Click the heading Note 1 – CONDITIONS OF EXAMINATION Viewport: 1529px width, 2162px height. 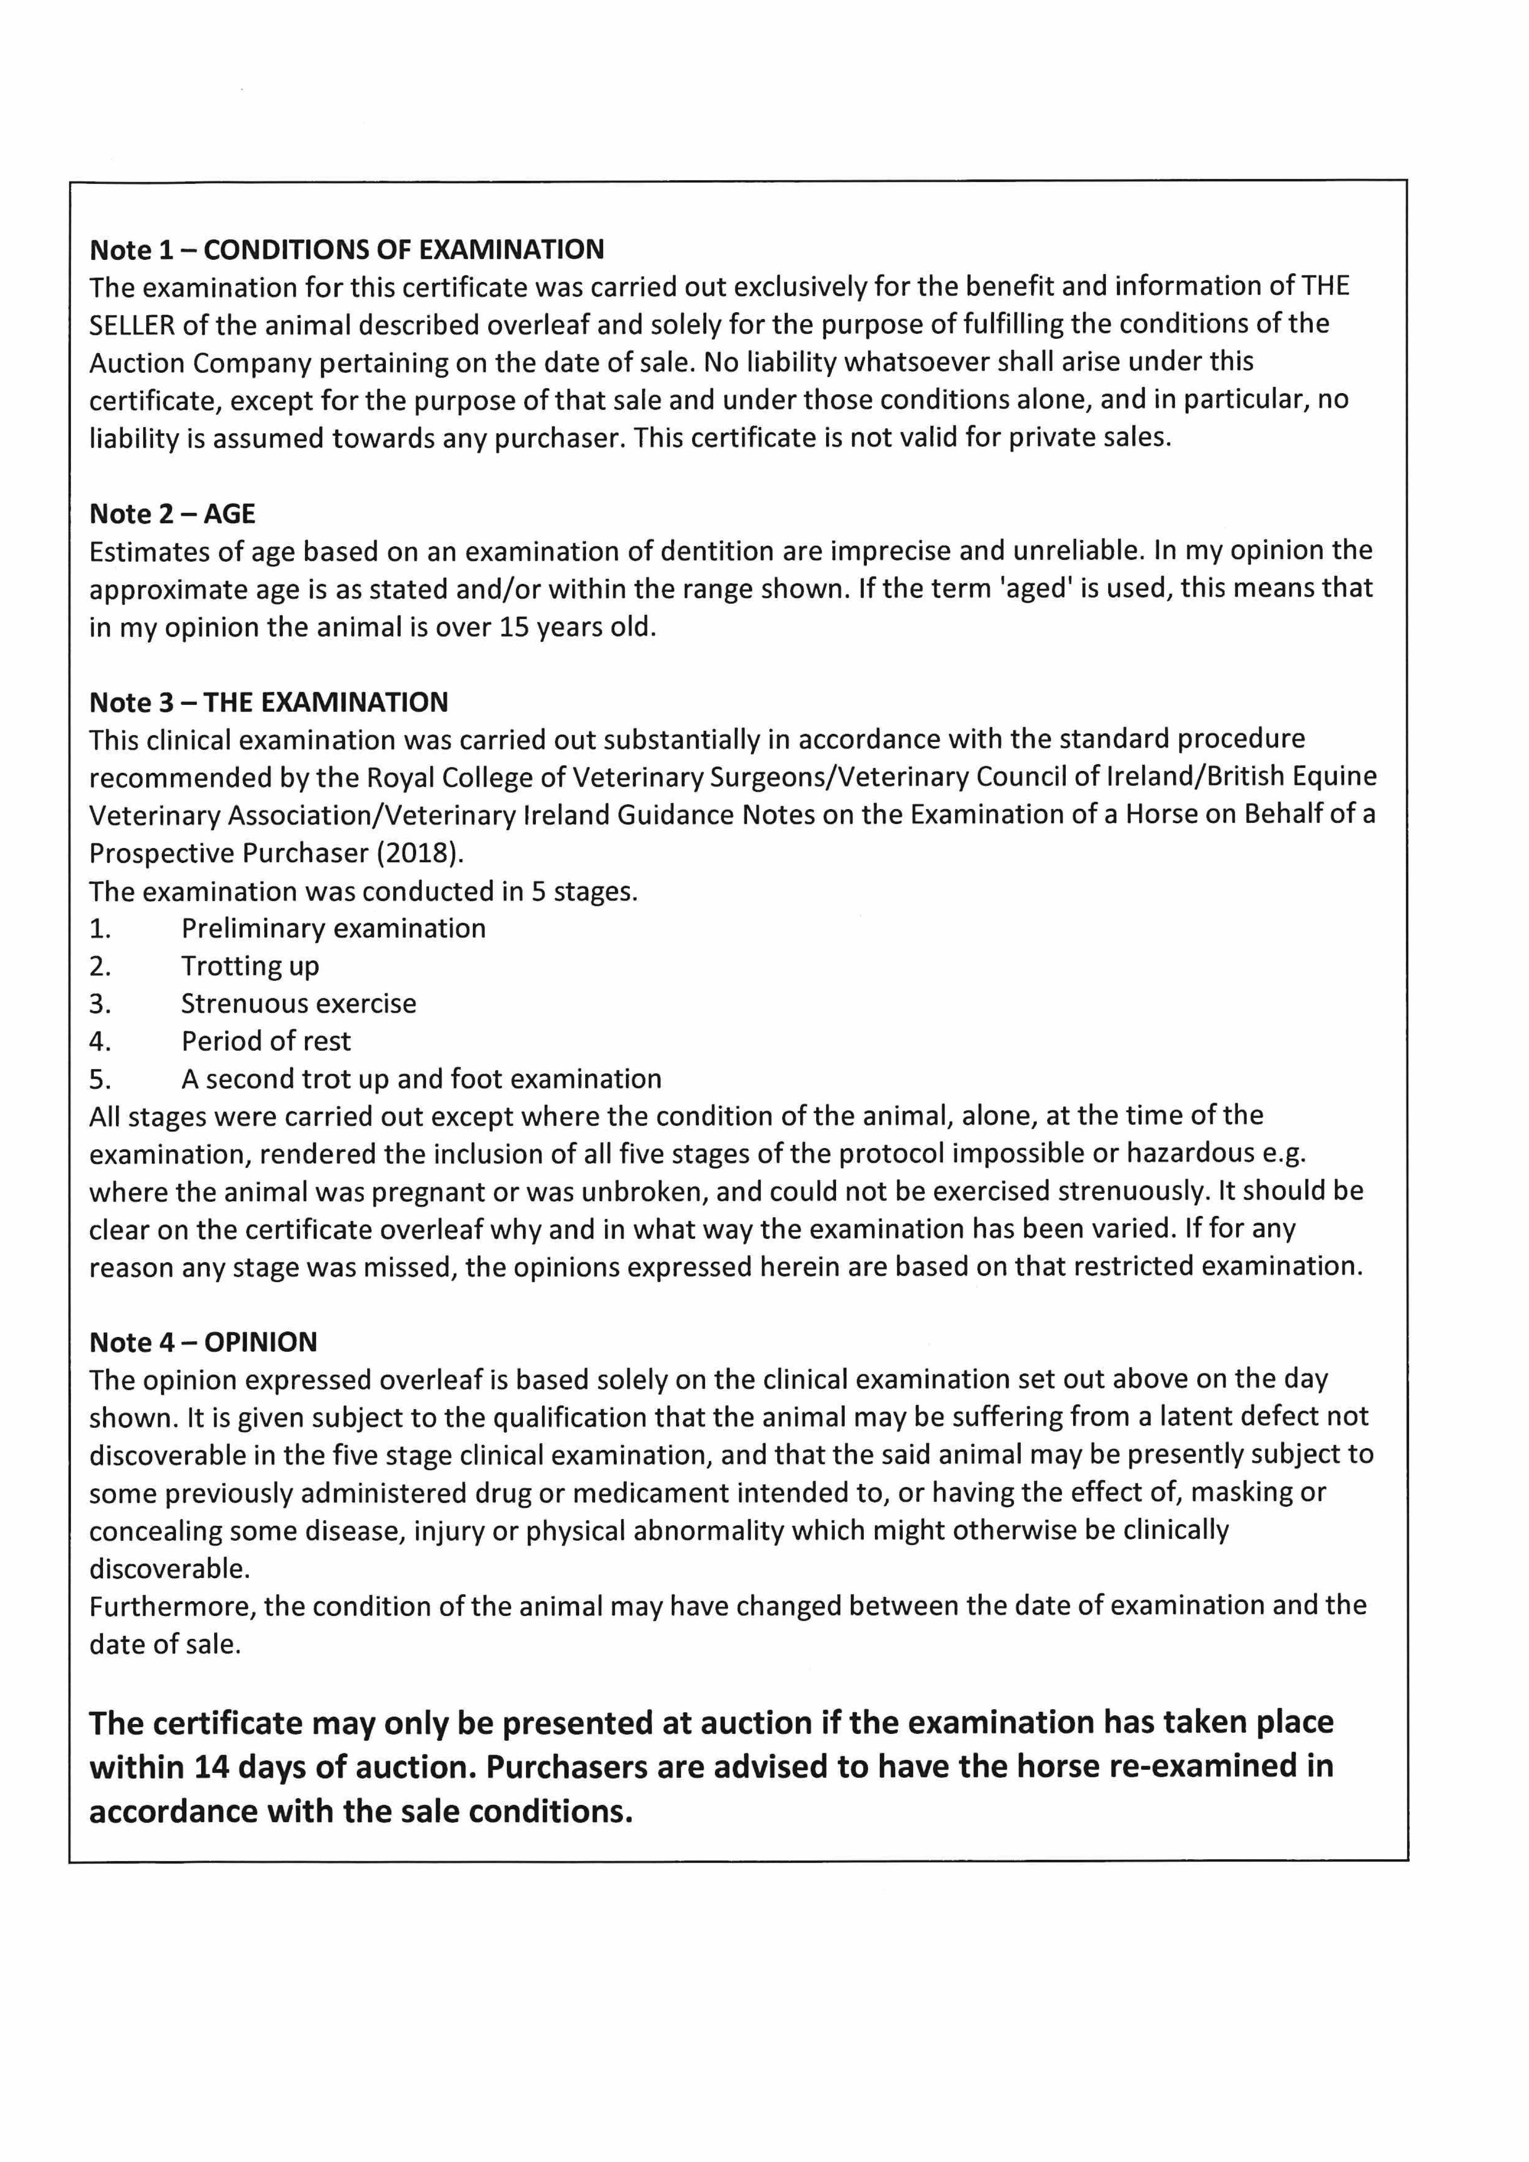[x=347, y=249]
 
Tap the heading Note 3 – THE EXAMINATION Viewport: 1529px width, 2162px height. [x=269, y=703]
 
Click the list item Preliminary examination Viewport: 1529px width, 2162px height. [x=333, y=928]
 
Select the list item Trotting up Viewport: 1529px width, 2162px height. [x=250, y=966]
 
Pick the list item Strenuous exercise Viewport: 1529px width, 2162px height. [x=298, y=1004]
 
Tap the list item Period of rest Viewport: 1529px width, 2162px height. [x=266, y=1042]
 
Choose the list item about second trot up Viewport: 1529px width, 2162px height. [x=421, y=1079]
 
